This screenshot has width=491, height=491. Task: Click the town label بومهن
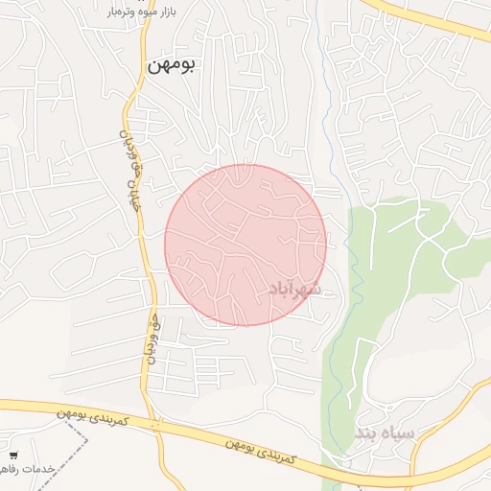[172, 65]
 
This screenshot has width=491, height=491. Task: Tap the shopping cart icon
[13, 455]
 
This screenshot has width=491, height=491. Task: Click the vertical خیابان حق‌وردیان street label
[135, 163]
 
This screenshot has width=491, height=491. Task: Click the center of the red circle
[245, 245]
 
